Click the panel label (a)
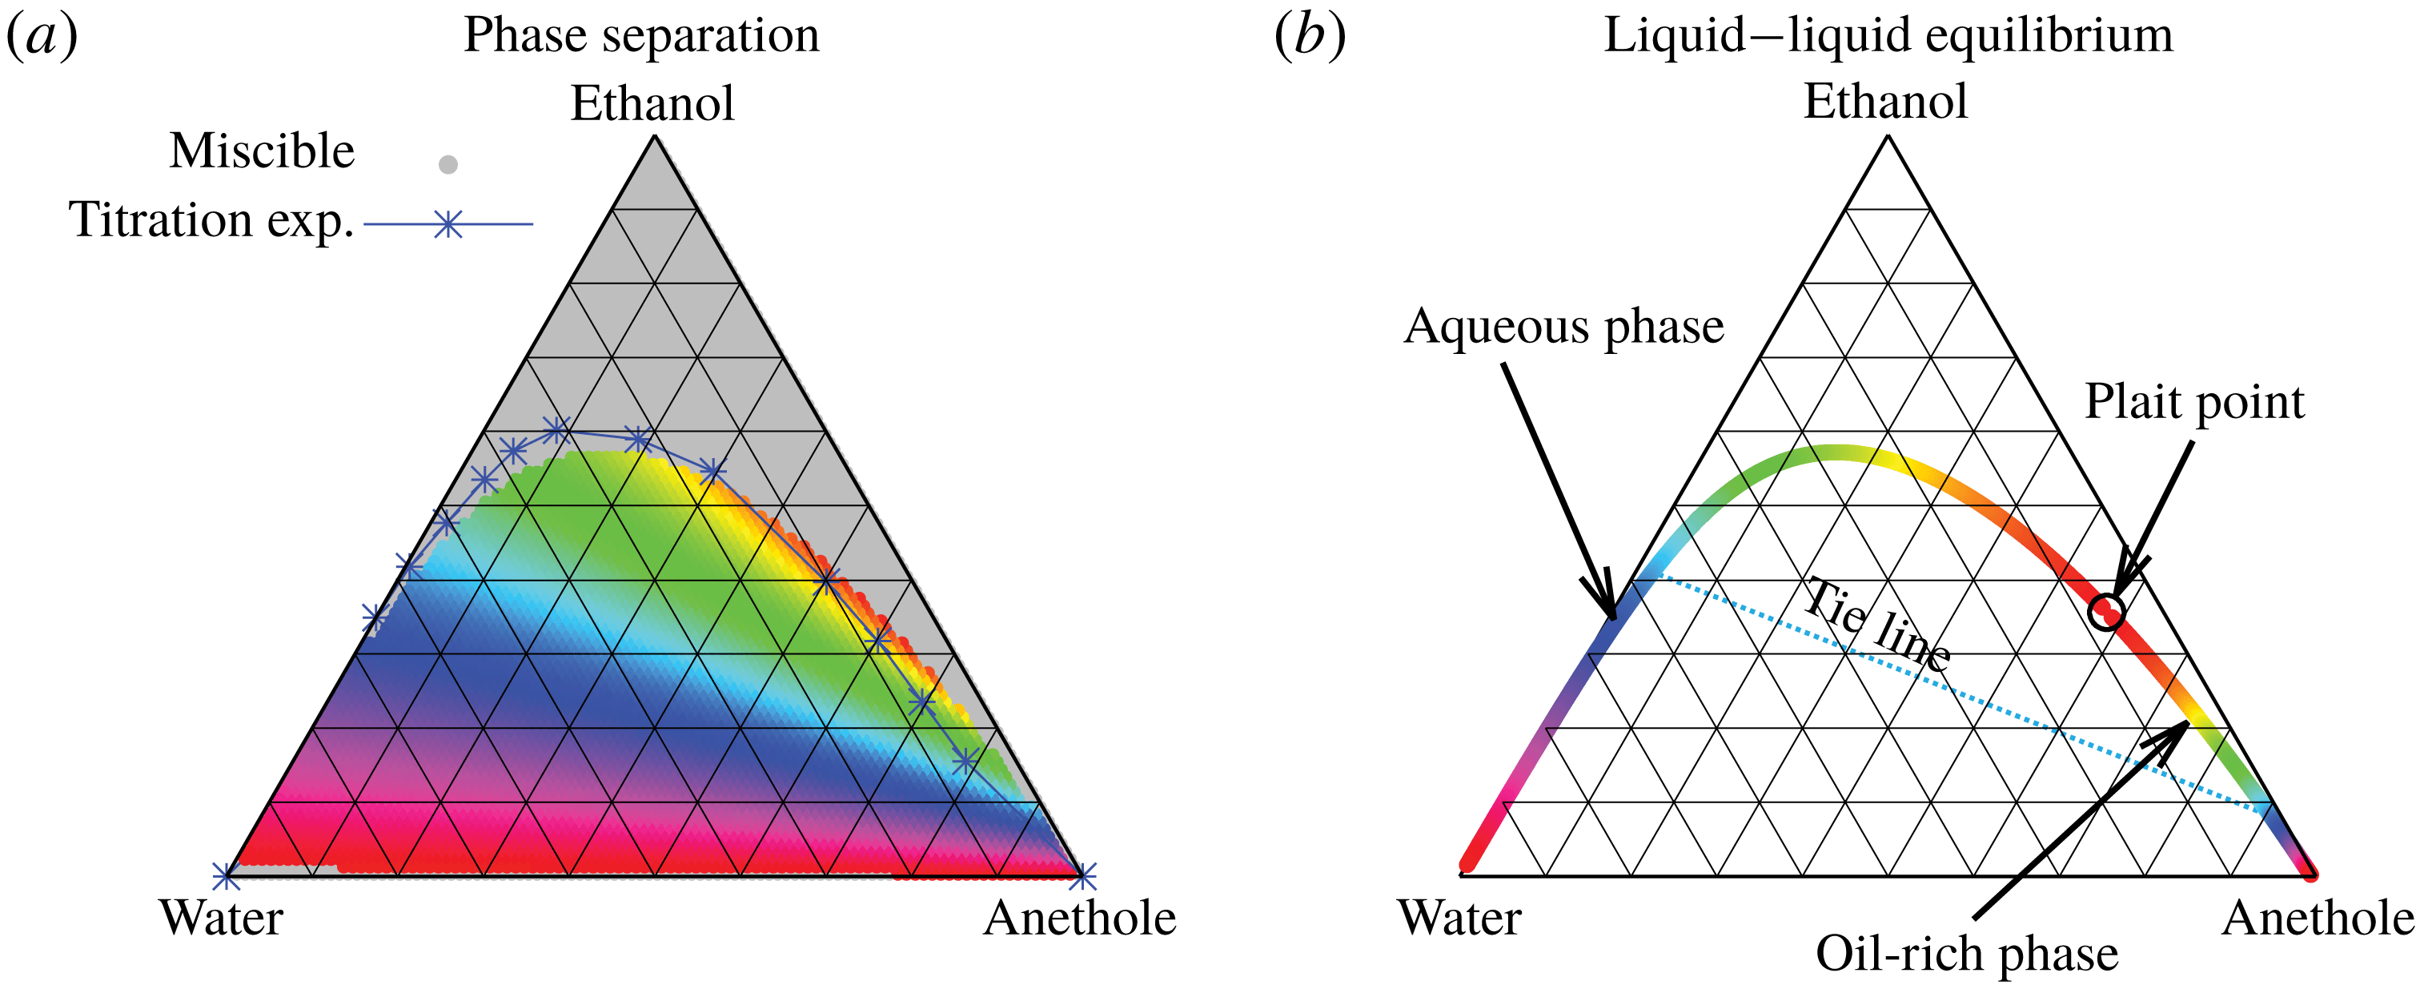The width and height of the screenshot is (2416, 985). tap(42, 36)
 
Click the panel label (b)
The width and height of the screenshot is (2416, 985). tap(1310, 36)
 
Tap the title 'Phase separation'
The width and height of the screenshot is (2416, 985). tap(641, 36)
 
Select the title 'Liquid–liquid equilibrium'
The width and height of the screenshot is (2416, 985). tap(1888, 36)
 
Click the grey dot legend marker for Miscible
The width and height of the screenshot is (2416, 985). tap(448, 165)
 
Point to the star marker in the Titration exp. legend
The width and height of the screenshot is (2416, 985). tap(448, 224)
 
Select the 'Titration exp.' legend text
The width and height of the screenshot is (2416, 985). tap(211, 220)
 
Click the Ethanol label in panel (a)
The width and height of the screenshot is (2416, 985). tap(652, 103)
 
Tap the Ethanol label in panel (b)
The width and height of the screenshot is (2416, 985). tap(1885, 102)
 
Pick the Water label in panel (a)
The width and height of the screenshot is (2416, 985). tap(221, 918)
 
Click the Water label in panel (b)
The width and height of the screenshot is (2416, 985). tap(1459, 918)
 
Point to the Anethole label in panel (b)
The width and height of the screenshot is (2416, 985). tap(2318, 919)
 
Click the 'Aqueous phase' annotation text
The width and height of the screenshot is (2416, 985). tap(1563, 328)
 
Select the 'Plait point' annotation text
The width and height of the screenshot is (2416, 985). tap(2193, 401)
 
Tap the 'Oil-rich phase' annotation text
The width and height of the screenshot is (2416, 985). tap(1967, 954)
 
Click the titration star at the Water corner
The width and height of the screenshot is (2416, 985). tap(225, 876)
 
